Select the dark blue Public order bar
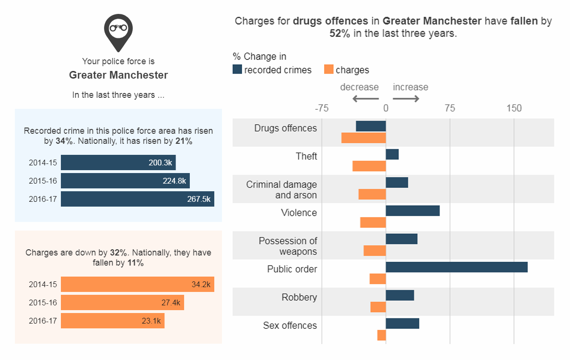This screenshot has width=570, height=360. pos(456,267)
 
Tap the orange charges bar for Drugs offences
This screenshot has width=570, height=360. pos(363,138)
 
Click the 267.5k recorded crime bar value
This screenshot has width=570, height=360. pos(198,199)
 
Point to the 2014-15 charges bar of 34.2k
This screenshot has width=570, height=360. pos(138,284)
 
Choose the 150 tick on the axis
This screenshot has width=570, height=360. pos(514,108)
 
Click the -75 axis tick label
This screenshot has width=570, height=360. pos(321,108)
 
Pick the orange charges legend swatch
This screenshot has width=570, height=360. pos(328,70)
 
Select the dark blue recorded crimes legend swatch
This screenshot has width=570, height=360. pos(237,70)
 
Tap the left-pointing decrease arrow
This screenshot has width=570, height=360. pos(365,99)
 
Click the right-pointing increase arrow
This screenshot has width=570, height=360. pos(406,99)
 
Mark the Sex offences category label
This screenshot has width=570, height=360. pos(290,325)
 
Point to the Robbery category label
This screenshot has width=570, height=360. pos(299,297)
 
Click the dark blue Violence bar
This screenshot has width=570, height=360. pos(412,210)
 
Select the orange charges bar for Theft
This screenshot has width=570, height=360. pos(369,166)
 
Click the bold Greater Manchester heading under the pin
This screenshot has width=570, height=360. pos(118,75)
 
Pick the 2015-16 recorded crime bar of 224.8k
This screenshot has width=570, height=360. pos(125,181)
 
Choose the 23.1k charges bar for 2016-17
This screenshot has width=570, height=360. pos(113,321)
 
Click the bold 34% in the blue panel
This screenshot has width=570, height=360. pos(63,141)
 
